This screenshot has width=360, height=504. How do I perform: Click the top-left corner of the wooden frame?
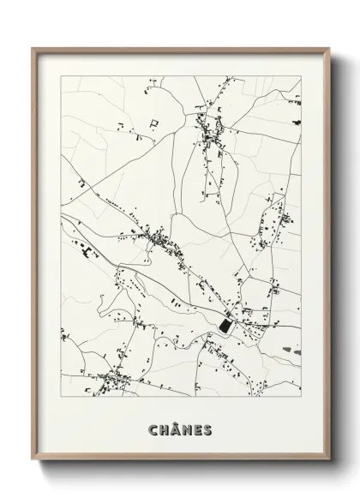pyautogui.click(x=33, y=46)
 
